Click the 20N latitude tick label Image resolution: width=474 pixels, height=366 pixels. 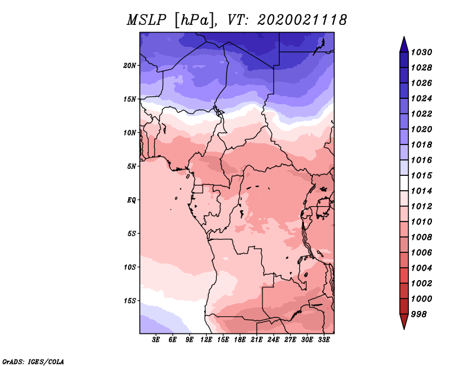click(x=130, y=66)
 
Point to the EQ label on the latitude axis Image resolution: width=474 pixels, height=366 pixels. click(x=132, y=200)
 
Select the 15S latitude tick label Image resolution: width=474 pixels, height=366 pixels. click(x=130, y=301)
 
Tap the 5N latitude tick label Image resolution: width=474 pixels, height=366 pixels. click(x=132, y=166)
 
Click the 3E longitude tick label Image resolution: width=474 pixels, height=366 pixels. click(x=156, y=339)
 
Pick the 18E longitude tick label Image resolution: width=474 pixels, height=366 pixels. click(x=240, y=339)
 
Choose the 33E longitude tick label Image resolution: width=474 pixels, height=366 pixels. click(x=324, y=339)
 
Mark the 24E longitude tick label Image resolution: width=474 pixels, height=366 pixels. click(x=273, y=339)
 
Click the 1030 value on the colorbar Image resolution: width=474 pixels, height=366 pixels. click(x=421, y=52)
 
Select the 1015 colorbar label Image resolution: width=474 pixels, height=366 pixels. click(x=421, y=175)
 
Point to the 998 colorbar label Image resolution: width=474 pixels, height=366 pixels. click(x=419, y=314)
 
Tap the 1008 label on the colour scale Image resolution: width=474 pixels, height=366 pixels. click(x=421, y=237)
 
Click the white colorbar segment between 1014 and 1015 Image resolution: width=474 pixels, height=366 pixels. click(x=404, y=183)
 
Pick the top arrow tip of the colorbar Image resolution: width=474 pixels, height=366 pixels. click(x=404, y=37)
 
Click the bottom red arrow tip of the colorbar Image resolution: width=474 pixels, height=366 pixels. click(x=404, y=329)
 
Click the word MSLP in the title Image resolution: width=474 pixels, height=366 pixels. click(x=146, y=20)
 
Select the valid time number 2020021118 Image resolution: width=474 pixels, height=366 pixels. click(x=302, y=20)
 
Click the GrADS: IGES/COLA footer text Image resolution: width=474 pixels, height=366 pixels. click(x=33, y=362)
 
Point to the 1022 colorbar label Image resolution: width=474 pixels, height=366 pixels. click(x=421, y=114)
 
